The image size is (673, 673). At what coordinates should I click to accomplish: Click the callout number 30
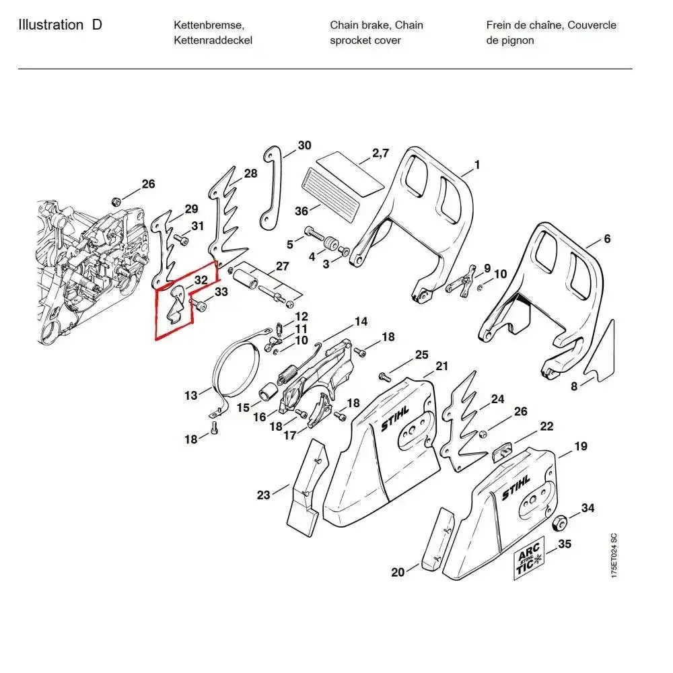click(x=304, y=145)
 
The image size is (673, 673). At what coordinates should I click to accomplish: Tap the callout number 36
click(x=301, y=211)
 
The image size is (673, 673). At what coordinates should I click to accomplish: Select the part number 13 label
click(x=191, y=395)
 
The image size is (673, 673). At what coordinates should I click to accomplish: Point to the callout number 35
click(x=565, y=543)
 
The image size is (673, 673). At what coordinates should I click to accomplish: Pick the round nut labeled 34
click(x=558, y=524)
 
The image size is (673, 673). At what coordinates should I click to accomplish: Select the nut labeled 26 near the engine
click(x=115, y=201)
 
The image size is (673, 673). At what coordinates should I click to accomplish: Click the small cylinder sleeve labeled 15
click(x=267, y=391)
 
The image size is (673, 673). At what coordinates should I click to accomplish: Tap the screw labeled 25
click(x=384, y=376)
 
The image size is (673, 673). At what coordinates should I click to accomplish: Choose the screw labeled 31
click(x=179, y=239)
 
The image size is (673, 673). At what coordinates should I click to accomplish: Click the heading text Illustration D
click(x=61, y=26)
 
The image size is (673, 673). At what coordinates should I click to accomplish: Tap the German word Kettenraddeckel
click(x=213, y=40)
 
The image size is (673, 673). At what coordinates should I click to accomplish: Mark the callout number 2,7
click(x=380, y=153)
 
